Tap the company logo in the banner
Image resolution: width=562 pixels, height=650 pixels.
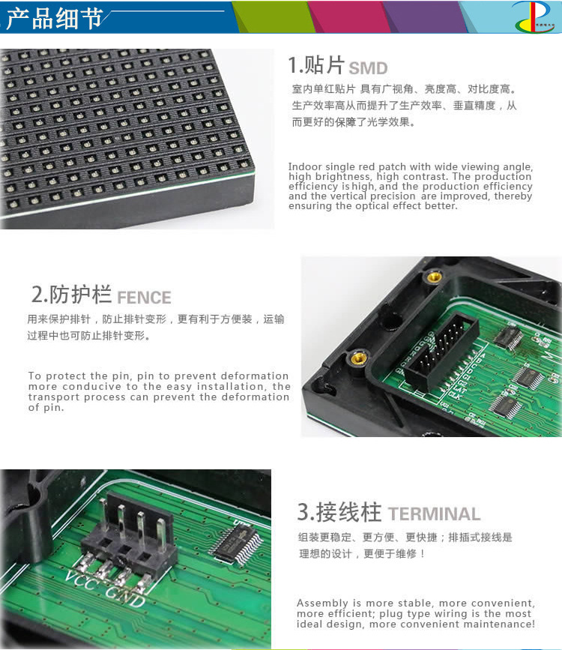533,16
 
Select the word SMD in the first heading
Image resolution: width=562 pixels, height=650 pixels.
368,68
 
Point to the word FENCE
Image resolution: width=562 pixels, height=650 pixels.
144,298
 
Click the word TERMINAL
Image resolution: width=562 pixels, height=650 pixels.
434,514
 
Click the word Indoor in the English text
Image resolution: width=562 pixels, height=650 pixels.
306,166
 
